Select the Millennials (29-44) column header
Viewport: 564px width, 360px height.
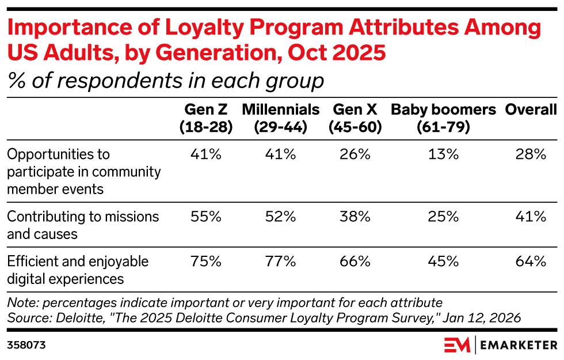tap(280, 118)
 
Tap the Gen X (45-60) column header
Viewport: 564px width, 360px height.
tap(355, 118)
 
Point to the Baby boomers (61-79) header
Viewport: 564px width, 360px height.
tap(443, 118)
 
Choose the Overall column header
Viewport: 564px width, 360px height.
tap(531, 110)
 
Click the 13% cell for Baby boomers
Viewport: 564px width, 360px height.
tap(443, 154)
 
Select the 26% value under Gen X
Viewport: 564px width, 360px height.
tap(355, 154)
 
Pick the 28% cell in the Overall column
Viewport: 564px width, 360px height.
tap(531, 154)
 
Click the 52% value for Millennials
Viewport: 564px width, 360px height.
tap(280, 217)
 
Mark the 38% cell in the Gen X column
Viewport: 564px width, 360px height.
tap(355, 217)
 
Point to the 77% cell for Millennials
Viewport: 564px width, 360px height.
tap(280, 262)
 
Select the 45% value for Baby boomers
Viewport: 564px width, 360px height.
tap(443, 262)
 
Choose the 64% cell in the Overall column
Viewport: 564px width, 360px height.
tap(531, 262)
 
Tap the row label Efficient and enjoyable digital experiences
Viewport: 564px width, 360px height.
tap(78, 270)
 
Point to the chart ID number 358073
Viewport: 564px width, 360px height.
tap(26, 345)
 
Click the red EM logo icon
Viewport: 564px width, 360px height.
tap(457, 345)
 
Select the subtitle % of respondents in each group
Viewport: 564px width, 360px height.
tap(166, 81)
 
